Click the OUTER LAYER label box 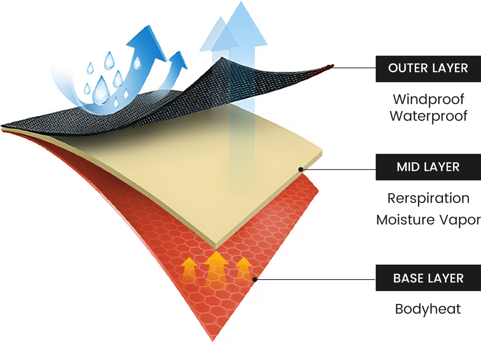428,69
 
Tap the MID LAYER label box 428,167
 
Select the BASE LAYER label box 428,278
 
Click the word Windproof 428,99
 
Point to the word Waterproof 428,116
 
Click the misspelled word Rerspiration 428,198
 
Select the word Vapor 459,220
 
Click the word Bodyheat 428,309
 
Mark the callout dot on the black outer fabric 329,67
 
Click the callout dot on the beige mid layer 301,170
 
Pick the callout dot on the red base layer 255,279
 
